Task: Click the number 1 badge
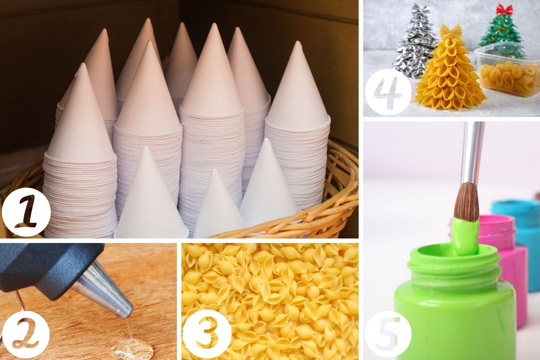coord(26,212)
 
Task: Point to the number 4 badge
coord(388,92)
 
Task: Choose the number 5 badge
coord(388,336)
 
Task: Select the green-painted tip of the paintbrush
coord(466,236)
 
